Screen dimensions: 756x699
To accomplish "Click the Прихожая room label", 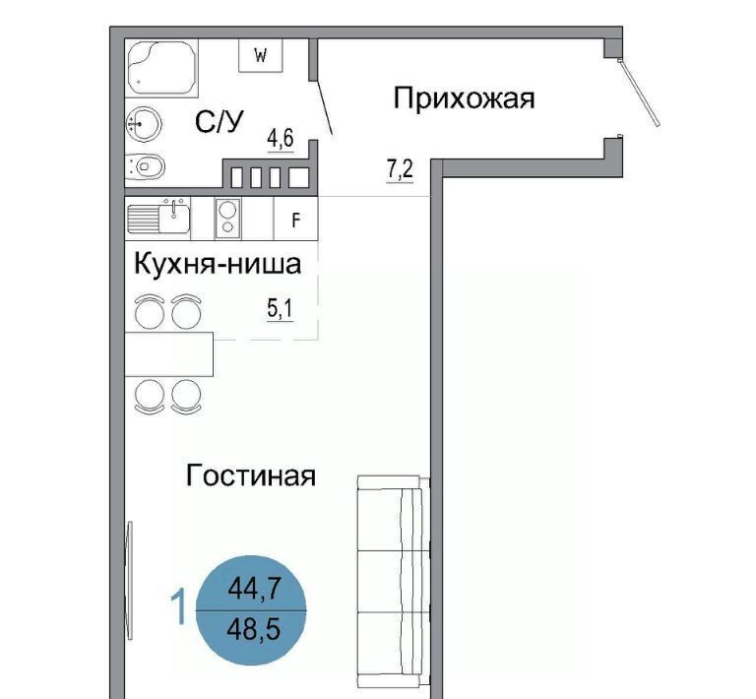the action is (x=464, y=98).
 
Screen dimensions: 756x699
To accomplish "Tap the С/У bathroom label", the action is (x=220, y=121).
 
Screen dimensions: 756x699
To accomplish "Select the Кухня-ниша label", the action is (x=218, y=264).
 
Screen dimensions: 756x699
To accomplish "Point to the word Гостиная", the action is (x=251, y=476).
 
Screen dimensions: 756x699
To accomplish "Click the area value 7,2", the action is (x=401, y=169).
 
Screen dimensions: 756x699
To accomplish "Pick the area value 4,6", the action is (x=281, y=139).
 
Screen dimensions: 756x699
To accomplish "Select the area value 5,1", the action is (x=281, y=308).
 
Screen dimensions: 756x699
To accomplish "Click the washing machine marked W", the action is (x=260, y=56).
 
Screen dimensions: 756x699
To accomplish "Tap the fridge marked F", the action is (x=296, y=219).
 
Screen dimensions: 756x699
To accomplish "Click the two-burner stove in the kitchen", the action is (x=227, y=219).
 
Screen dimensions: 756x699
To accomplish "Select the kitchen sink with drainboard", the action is (x=158, y=219).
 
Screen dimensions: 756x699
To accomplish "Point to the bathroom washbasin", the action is (x=143, y=123).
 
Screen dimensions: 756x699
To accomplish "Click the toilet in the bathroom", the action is (x=145, y=167).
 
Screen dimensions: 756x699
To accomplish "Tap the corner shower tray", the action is (x=161, y=68).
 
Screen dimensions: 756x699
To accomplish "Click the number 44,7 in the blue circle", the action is (x=254, y=588).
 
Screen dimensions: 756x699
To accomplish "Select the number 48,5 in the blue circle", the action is (x=254, y=629).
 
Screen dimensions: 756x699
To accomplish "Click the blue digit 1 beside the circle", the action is (x=179, y=607).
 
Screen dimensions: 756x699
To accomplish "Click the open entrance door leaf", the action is (x=639, y=92).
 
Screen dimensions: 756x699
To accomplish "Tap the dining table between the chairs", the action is (x=169, y=353).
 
